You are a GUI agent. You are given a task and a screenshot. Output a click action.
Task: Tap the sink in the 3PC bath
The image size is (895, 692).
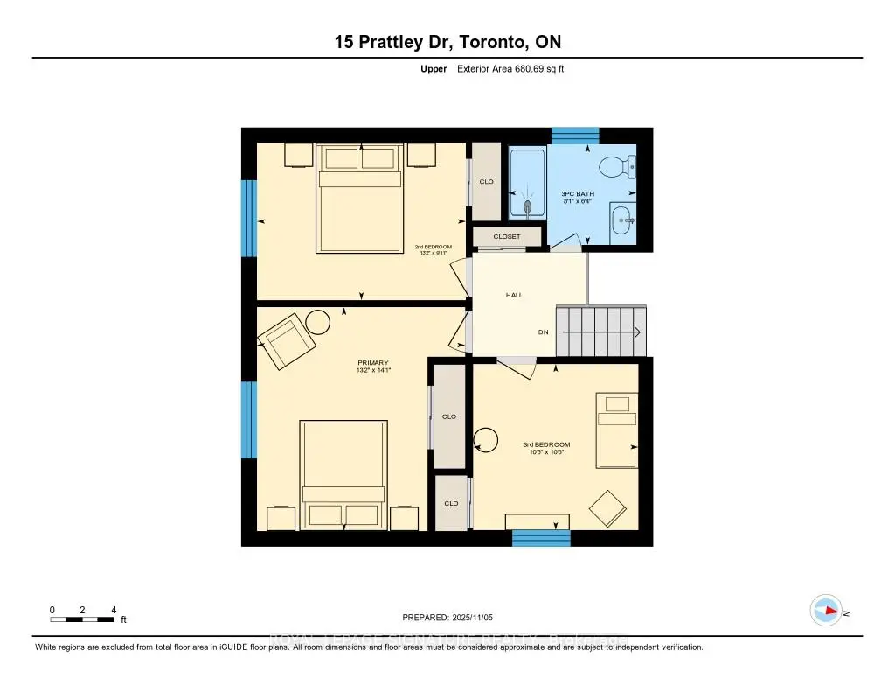click(623, 220)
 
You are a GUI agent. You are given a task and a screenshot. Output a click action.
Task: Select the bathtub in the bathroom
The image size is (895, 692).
click(527, 184)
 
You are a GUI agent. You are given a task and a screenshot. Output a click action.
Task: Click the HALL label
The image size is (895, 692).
click(514, 295)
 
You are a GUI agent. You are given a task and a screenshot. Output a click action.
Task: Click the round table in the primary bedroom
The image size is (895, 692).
click(317, 323)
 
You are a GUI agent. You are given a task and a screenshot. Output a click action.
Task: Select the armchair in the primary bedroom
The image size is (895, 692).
click(288, 344)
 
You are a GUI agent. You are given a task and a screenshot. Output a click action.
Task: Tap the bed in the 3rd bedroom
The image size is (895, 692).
click(617, 430)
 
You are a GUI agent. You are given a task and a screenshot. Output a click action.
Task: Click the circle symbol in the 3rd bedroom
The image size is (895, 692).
click(484, 439)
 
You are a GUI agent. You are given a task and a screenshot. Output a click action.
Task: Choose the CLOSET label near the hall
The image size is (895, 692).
click(507, 236)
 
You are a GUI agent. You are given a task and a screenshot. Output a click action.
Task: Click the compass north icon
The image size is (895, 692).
click(826, 610)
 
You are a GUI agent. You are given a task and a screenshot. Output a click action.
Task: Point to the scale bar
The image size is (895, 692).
click(83, 619)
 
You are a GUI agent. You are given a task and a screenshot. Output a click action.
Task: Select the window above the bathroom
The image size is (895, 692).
click(574, 135)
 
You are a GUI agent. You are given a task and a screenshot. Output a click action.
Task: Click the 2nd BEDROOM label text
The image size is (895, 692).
click(433, 247)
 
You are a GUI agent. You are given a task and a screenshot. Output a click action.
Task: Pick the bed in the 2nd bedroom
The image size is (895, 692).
click(358, 198)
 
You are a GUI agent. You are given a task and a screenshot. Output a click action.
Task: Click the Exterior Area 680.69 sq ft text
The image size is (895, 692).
click(510, 68)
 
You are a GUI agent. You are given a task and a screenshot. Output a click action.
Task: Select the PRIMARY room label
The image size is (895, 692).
click(372, 362)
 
